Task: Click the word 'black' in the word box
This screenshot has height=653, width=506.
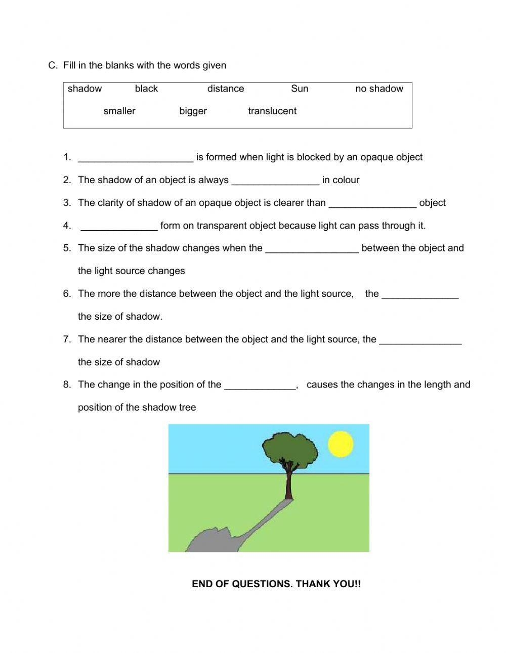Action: (146, 89)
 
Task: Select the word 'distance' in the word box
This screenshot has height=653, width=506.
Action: (225, 89)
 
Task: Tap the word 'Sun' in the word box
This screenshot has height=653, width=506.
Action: (299, 89)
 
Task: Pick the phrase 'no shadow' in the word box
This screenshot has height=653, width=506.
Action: (379, 89)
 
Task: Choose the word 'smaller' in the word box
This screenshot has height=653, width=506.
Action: (119, 111)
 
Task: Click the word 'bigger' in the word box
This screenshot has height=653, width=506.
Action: (193, 111)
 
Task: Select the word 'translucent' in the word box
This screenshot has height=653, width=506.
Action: (272, 111)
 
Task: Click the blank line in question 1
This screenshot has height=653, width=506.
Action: (136, 159)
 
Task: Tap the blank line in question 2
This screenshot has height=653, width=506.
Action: (275, 182)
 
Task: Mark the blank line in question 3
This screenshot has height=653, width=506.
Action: (372, 204)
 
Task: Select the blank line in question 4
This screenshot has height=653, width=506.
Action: (119, 227)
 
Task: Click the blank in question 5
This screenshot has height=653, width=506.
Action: (312, 250)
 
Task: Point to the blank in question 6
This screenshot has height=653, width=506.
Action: (420, 295)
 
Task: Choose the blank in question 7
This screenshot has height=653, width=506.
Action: (420, 341)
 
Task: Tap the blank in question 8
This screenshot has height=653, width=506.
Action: (260, 386)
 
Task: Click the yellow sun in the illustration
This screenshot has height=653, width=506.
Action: (341, 444)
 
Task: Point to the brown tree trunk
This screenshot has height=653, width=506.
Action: (289, 483)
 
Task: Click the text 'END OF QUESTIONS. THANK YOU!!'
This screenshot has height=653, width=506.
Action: (276, 584)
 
